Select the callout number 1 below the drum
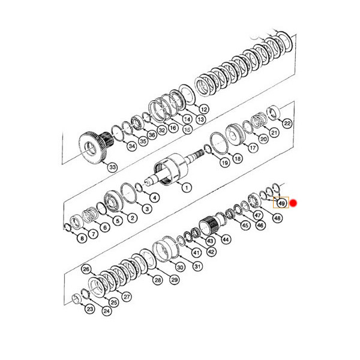click(x=186, y=188)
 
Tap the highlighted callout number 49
click(x=281, y=203)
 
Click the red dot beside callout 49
click(x=294, y=203)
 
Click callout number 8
click(x=82, y=239)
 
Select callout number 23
click(x=90, y=310)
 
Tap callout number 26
click(x=86, y=269)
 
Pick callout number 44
click(x=226, y=239)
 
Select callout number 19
click(x=224, y=162)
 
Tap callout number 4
click(x=155, y=197)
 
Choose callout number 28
click(x=158, y=280)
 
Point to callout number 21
click(x=274, y=133)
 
